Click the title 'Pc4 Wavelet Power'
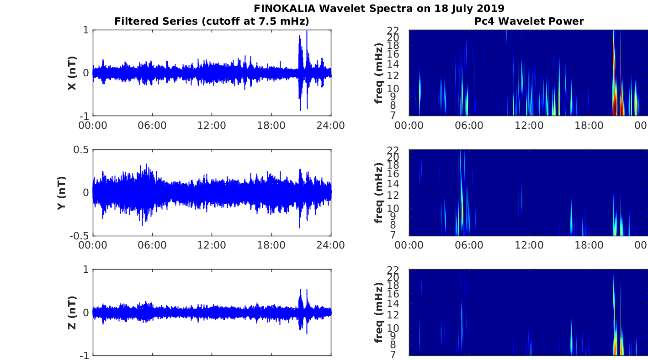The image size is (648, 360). click(x=529, y=21)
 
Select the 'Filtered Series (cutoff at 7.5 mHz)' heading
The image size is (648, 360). click(x=212, y=21)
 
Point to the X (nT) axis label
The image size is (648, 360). click(x=72, y=73)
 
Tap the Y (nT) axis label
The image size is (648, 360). click(x=62, y=193)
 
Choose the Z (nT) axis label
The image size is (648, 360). click(x=72, y=312)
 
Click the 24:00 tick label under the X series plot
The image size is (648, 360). click(x=331, y=126)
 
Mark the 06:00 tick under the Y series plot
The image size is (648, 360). click(x=152, y=245)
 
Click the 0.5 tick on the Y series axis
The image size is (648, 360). click(x=81, y=149)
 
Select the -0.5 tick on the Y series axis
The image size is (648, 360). click(x=79, y=236)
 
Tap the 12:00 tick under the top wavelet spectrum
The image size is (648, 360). click(x=529, y=126)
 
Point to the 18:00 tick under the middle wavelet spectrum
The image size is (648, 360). click(x=589, y=245)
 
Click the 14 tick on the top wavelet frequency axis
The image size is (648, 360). click(x=393, y=64)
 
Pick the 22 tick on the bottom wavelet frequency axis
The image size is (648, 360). click(x=393, y=270)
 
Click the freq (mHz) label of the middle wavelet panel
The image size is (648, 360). click(x=378, y=193)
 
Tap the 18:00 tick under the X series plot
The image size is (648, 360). click(x=271, y=126)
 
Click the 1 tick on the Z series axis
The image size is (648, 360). click(x=86, y=269)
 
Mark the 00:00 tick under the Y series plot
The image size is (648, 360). click(x=93, y=245)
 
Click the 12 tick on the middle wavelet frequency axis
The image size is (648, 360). click(x=393, y=195)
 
